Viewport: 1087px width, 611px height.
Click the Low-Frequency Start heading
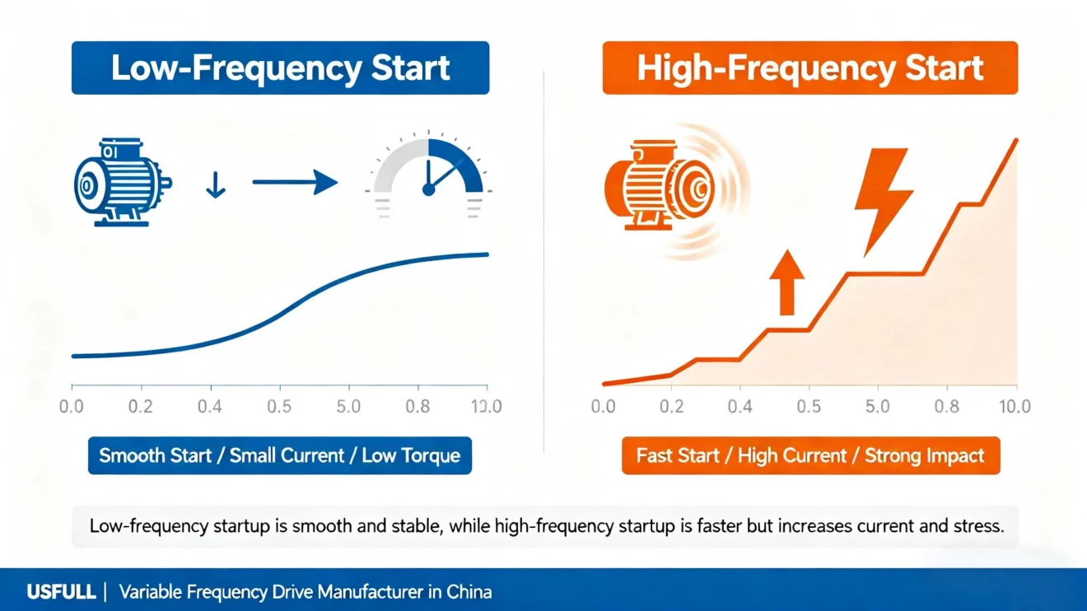(280, 68)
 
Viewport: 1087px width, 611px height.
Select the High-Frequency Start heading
(810, 68)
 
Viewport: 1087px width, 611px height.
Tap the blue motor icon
(121, 182)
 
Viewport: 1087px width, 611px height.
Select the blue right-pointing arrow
(295, 184)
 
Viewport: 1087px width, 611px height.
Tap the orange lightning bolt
(880, 198)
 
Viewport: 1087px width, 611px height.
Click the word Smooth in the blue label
(132, 455)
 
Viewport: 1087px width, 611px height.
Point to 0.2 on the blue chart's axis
(141, 406)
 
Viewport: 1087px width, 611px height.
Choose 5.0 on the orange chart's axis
(878, 406)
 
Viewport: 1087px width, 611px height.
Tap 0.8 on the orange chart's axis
(946, 406)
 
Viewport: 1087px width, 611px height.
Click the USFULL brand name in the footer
(60, 591)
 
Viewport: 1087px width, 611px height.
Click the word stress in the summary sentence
(979, 526)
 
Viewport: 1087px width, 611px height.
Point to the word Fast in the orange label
(655, 455)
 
